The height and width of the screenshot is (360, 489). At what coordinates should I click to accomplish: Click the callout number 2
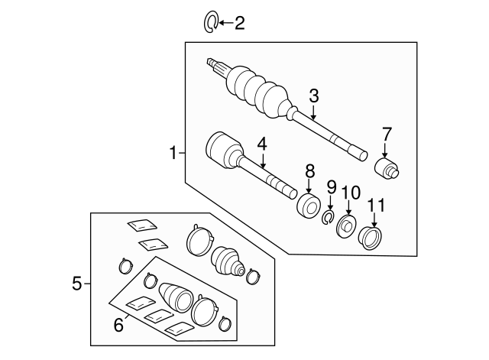pyautogui.click(x=240, y=24)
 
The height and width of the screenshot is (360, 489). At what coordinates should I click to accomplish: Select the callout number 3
pyautogui.click(x=313, y=96)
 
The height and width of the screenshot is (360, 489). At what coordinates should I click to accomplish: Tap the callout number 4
pyautogui.click(x=261, y=142)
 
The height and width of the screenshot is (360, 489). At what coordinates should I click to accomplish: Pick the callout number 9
pyautogui.click(x=331, y=186)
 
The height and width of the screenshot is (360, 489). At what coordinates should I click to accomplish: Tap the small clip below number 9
pyautogui.click(x=328, y=219)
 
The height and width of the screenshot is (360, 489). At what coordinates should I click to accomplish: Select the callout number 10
pyautogui.click(x=349, y=192)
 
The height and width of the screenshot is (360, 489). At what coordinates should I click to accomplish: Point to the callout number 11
pyautogui.click(x=376, y=205)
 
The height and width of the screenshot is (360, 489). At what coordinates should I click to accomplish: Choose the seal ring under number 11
pyautogui.click(x=371, y=238)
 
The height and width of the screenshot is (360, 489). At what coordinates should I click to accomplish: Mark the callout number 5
pyautogui.click(x=76, y=284)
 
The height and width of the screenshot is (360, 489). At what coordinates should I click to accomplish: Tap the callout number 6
pyautogui.click(x=118, y=324)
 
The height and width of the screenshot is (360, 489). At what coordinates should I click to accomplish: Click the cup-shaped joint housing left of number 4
pyautogui.click(x=222, y=149)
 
